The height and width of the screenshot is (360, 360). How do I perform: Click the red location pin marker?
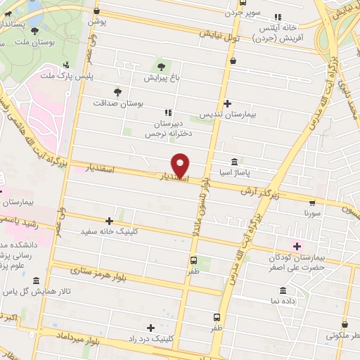182,165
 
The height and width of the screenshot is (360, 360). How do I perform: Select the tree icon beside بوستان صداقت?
117,91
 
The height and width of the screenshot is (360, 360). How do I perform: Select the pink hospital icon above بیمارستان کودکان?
297,245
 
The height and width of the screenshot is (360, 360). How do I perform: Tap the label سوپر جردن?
243,13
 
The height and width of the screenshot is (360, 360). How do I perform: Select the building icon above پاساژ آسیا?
234,161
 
